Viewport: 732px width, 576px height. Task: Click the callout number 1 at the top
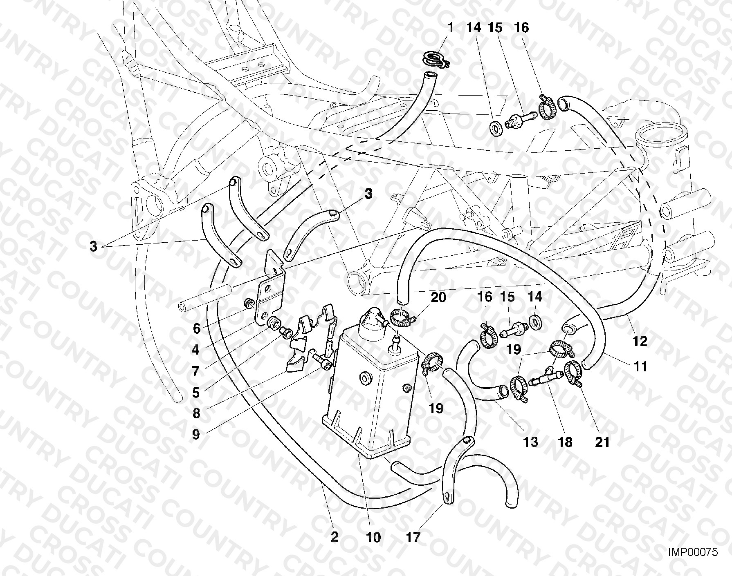coord(451,28)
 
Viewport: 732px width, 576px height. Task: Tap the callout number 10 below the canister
coord(373,537)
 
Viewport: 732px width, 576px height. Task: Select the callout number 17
coord(413,537)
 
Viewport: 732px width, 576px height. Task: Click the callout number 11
coord(640,366)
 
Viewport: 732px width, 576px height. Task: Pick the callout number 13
coord(530,442)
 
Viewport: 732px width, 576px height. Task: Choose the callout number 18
coord(566,442)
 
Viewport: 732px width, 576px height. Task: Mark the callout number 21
coord(602,442)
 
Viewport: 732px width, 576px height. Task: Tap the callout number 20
coord(438,297)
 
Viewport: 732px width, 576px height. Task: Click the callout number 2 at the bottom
coord(335,537)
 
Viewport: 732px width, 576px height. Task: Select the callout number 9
coord(196,434)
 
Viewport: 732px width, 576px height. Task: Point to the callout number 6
coord(196,328)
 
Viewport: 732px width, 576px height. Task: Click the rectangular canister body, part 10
coord(368,392)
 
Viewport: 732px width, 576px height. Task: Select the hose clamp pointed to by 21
coord(574,373)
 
